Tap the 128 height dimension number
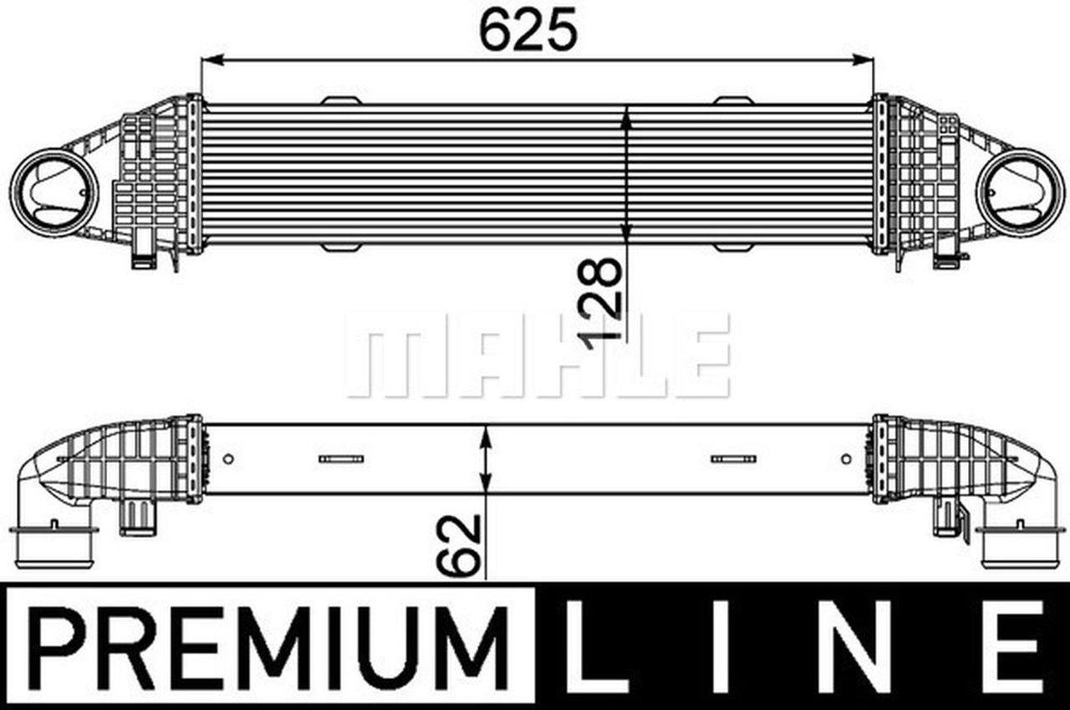[602, 299]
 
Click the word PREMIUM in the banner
[269, 647]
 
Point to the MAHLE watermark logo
[538, 355]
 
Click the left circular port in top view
[53, 188]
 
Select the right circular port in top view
[1020, 188]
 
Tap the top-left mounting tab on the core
[341, 101]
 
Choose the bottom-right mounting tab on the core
[733, 248]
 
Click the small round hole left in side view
[229, 458]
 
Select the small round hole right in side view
[846, 458]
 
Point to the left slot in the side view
[341, 458]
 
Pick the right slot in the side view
[733, 458]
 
